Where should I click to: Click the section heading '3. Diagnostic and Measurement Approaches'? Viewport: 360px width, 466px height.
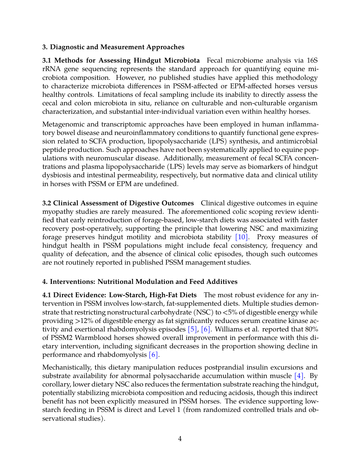(113, 47)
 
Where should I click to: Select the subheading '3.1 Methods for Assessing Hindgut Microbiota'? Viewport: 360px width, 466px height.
(121, 60)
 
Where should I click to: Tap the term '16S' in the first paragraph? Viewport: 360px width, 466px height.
(312, 60)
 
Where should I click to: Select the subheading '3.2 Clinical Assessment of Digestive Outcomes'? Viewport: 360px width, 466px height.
(118, 203)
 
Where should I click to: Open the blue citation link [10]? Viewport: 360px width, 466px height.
(242, 237)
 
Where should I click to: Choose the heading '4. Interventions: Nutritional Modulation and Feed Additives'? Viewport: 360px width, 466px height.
(140, 282)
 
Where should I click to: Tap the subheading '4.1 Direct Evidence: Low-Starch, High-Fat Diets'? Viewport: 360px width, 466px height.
(119, 295)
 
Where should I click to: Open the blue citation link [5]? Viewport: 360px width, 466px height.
(192, 329)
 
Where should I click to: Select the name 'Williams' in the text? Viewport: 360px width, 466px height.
(229, 329)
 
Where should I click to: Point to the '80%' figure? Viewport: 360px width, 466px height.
(311, 329)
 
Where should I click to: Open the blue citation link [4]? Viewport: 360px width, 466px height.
(299, 376)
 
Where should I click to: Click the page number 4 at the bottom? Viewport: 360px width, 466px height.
(180, 439)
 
